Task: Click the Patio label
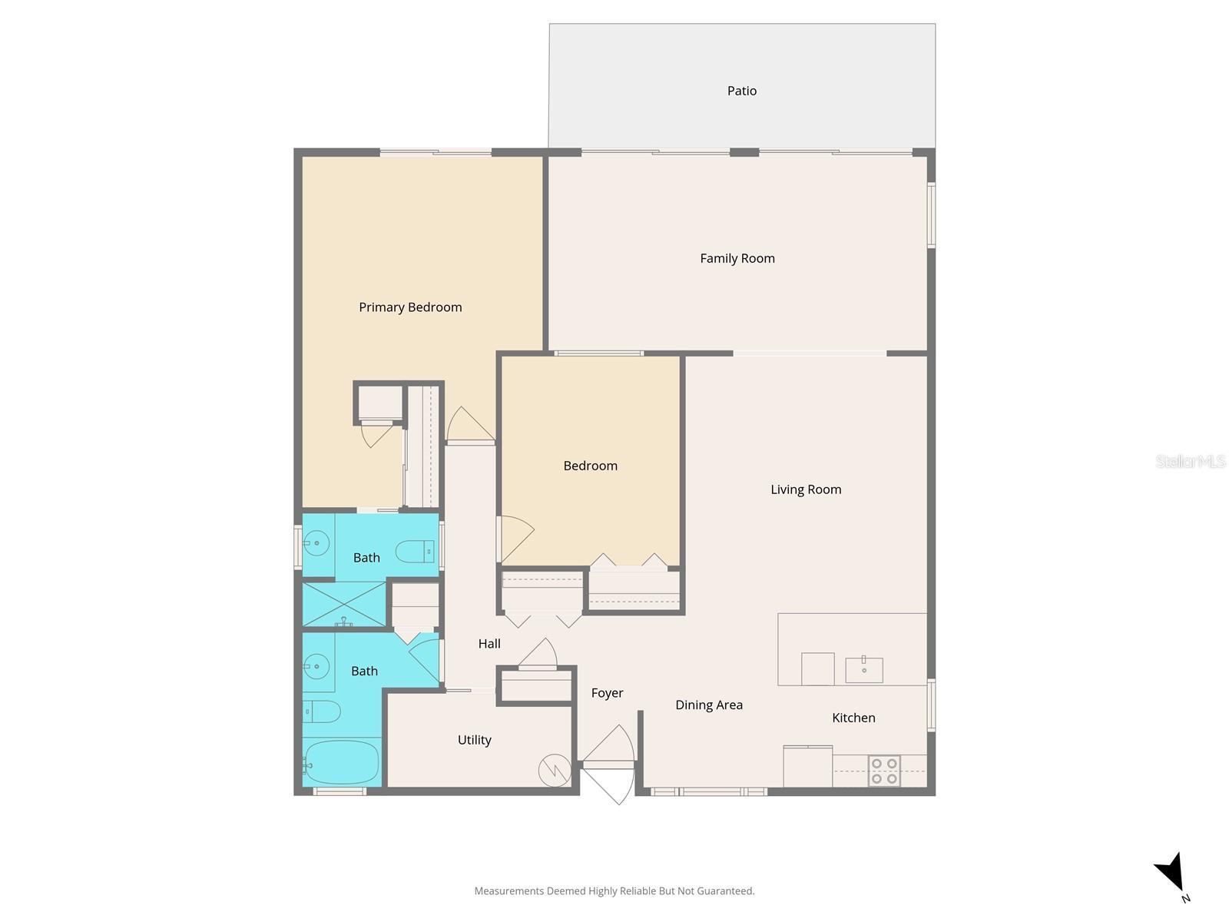pyautogui.click(x=741, y=91)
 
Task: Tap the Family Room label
pyautogui.click(x=737, y=258)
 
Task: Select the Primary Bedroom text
pyautogui.click(x=410, y=307)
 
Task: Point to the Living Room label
pyautogui.click(x=806, y=489)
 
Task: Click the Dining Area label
pyautogui.click(x=708, y=705)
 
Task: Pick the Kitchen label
pyautogui.click(x=853, y=718)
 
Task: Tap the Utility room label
pyautogui.click(x=474, y=740)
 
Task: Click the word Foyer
pyautogui.click(x=607, y=693)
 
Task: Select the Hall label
pyautogui.click(x=489, y=644)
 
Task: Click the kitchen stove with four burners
pyautogui.click(x=884, y=771)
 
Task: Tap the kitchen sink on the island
pyautogui.click(x=864, y=670)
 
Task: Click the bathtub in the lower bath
pyautogui.click(x=341, y=762)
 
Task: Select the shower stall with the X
pyautogui.click(x=343, y=604)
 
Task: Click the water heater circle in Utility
pyautogui.click(x=554, y=771)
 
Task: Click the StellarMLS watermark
pyautogui.click(x=1190, y=461)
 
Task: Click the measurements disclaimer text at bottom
pyautogui.click(x=614, y=891)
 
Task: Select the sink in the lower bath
pyautogui.click(x=316, y=665)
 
